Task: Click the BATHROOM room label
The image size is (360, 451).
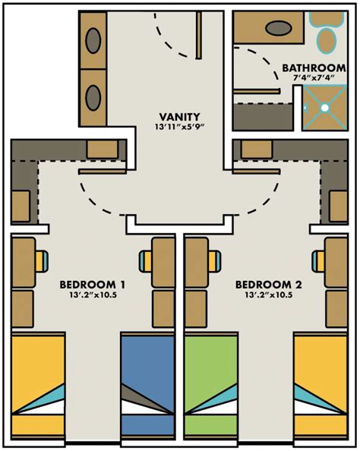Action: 314,68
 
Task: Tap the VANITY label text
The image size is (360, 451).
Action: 179,117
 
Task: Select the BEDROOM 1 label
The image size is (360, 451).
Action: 93,285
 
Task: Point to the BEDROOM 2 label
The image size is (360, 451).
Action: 269,285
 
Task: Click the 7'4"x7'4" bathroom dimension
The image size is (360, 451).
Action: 313,77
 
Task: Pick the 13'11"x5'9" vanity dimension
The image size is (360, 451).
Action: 179,127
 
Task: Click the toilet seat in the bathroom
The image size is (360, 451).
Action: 327,40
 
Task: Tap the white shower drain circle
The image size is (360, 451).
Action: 325,108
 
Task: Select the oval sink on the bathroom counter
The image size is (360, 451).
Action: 279,28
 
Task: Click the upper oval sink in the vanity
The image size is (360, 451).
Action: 93,40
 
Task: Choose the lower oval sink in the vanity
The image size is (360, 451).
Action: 93,97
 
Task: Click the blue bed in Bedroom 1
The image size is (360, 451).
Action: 148,386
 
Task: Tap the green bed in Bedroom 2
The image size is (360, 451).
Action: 211,386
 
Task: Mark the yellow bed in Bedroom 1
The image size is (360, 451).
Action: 38,386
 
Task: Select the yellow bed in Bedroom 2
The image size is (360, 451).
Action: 321,386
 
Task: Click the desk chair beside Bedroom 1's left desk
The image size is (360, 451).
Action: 42,261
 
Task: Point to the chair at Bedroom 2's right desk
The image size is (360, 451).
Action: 318,261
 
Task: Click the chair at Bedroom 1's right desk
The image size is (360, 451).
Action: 145,261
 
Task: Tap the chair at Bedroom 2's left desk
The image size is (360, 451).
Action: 215,261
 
